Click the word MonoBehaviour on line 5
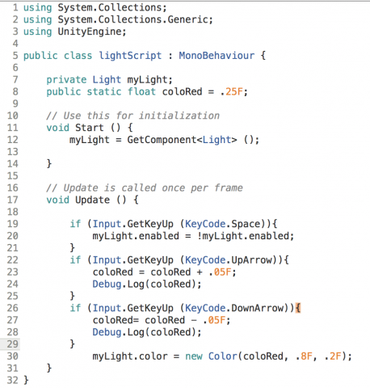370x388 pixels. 217,56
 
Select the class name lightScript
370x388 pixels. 130,56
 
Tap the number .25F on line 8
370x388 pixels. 232,91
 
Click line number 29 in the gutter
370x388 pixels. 12,344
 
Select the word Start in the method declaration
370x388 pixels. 90,128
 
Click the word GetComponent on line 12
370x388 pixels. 162,140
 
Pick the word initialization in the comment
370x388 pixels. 179,116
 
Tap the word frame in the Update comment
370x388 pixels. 229,188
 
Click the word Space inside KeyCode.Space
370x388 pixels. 246,224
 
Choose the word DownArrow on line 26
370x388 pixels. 258,308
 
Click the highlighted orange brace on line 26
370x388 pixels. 298,308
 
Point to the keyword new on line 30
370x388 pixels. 194,356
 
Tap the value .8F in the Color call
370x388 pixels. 304,356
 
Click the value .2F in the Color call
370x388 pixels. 333,356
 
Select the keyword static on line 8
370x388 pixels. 104,91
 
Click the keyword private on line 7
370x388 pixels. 66,80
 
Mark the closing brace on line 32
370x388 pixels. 26,380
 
